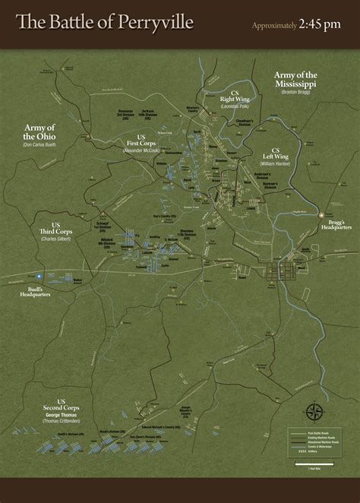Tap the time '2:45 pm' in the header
322,25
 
